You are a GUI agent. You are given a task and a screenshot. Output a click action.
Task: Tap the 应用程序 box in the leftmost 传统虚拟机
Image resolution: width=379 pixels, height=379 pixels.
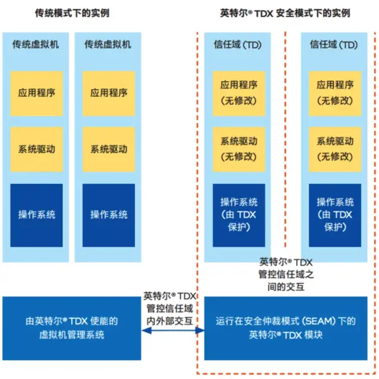click(36, 93)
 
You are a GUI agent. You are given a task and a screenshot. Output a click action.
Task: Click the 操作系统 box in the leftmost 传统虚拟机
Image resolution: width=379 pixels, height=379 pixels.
click(36, 215)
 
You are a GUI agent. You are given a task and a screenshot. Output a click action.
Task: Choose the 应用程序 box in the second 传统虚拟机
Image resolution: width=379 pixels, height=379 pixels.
click(108, 93)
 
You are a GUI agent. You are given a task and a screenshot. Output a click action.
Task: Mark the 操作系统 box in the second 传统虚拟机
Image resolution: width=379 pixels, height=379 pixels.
click(108, 215)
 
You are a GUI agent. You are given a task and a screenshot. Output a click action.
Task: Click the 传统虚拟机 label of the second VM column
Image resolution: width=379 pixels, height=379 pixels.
click(108, 44)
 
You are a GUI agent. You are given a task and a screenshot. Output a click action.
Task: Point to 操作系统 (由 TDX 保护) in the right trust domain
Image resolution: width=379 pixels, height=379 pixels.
click(335, 215)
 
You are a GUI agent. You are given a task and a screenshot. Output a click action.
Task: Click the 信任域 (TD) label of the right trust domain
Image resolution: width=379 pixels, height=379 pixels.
click(335, 44)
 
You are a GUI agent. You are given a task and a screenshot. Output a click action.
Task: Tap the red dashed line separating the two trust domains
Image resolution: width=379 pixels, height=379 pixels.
click(285, 148)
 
